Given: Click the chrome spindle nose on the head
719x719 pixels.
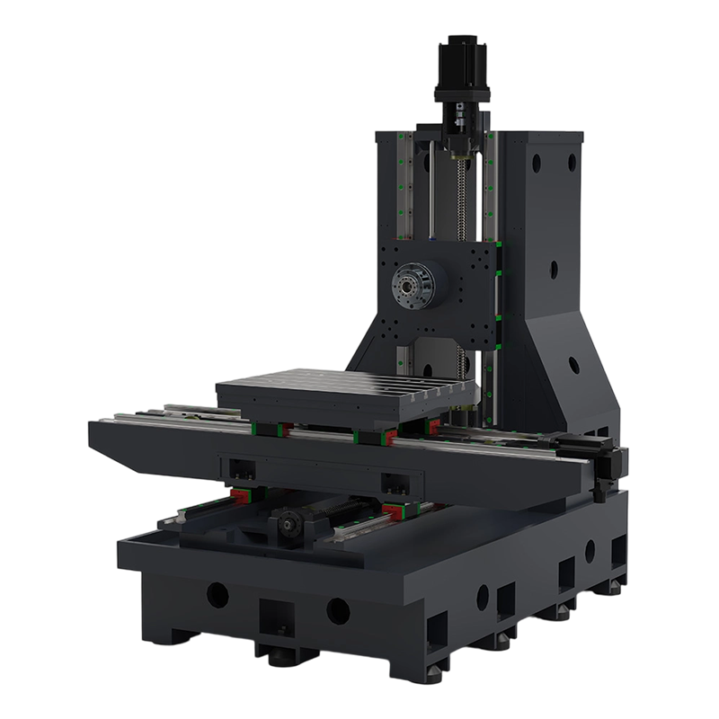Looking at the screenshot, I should [409, 287].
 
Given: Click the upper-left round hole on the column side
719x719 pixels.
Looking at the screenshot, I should [537, 164].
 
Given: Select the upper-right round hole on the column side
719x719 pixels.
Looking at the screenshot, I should [571, 160].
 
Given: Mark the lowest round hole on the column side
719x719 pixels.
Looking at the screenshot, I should [573, 364].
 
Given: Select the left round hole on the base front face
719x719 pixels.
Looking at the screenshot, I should [217, 593].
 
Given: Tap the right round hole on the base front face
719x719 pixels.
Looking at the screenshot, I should [338, 611].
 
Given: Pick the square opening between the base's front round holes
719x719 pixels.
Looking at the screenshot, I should [277, 617].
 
